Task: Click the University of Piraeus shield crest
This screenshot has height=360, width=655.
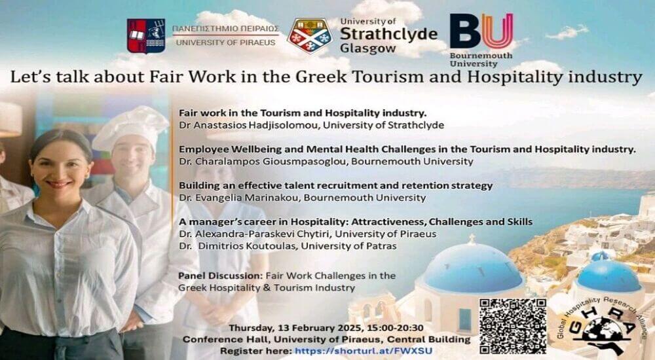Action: click(x=146, y=36)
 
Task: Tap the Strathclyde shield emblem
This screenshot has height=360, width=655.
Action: click(x=310, y=36)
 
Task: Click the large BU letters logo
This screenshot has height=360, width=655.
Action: click(x=481, y=31)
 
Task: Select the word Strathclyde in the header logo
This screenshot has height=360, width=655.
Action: click(x=388, y=34)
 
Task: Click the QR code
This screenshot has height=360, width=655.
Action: click(x=513, y=327)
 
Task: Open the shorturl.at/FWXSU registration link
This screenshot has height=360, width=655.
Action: click(x=364, y=351)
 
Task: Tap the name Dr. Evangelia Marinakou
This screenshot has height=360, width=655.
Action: click(x=239, y=198)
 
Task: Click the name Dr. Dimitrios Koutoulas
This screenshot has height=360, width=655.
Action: click(x=237, y=246)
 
